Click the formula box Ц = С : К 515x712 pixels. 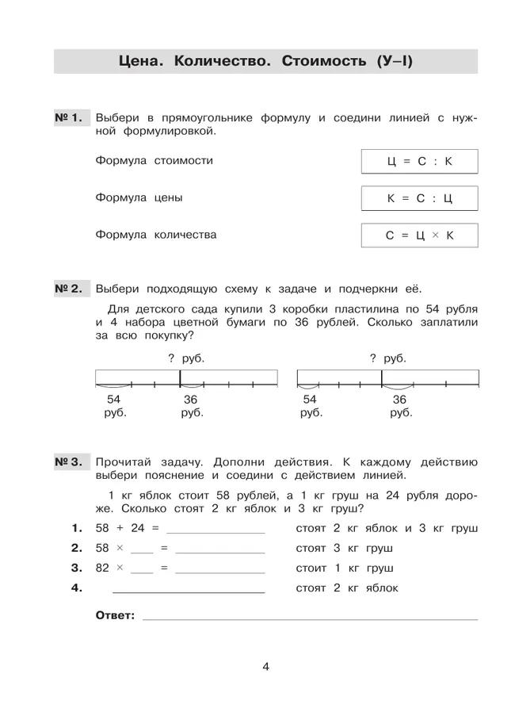tap(419, 161)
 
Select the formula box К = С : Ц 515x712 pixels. tap(419, 198)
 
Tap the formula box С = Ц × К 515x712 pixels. tap(419, 235)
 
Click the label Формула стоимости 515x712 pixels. tap(154, 161)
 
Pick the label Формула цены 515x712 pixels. tap(139, 198)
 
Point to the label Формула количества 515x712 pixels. tap(155, 235)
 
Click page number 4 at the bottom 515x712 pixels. tap(266, 667)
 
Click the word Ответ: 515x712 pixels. tap(115, 615)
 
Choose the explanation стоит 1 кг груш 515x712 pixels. tap(345, 568)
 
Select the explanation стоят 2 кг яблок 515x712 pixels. tap(347, 588)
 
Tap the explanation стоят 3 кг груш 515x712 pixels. tap(345, 549)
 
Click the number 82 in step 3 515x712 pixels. tap(102, 568)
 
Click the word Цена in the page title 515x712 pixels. tap(140, 61)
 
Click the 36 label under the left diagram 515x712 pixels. tap(191, 400)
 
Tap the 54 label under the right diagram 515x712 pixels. tap(310, 400)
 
